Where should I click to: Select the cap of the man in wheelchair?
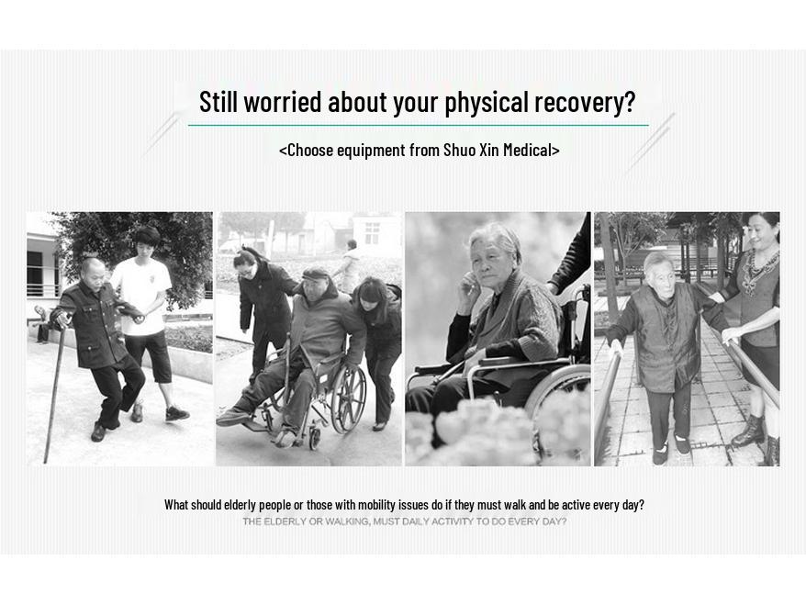(x=316, y=274)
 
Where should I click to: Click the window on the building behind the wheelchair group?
(x=372, y=232)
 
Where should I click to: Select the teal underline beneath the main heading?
(x=418, y=125)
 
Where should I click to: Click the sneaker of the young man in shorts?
(x=177, y=414)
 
